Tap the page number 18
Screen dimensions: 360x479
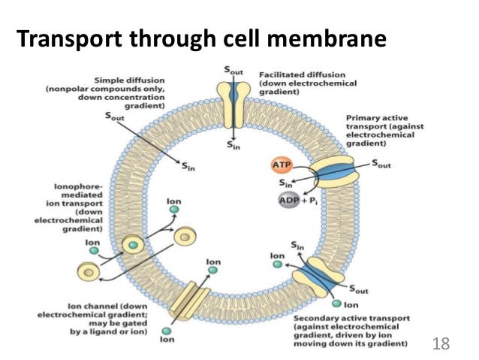pyautogui.click(x=441, y=343)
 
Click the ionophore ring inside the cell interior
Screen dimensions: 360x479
pyautogui.click(x=185, y=237)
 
